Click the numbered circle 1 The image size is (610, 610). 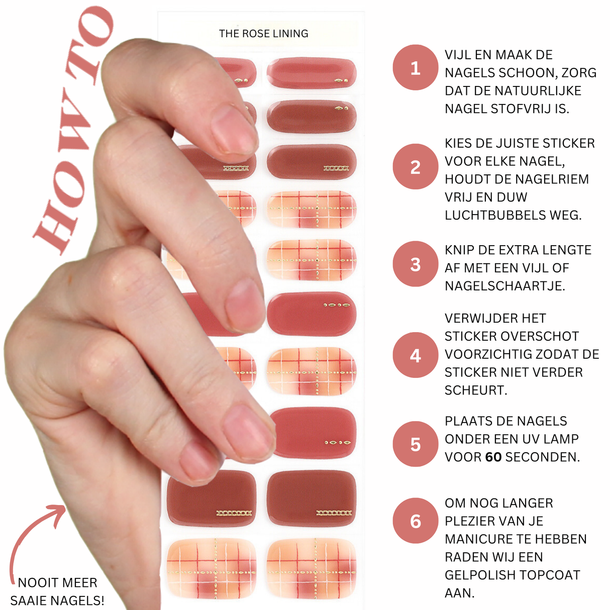(x=416, y=67)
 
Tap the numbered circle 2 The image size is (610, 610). (x=416, y=166)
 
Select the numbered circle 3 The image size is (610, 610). (x=416, y=264)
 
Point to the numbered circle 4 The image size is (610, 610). (x=416, y=355)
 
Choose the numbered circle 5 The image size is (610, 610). (x=416, y=444)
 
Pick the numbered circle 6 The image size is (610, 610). (x=416, y=521)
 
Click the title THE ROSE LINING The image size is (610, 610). (x=263, y=34)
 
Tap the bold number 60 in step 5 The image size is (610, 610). (x=493, y=457)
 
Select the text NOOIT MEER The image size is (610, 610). (x=57, y=583)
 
